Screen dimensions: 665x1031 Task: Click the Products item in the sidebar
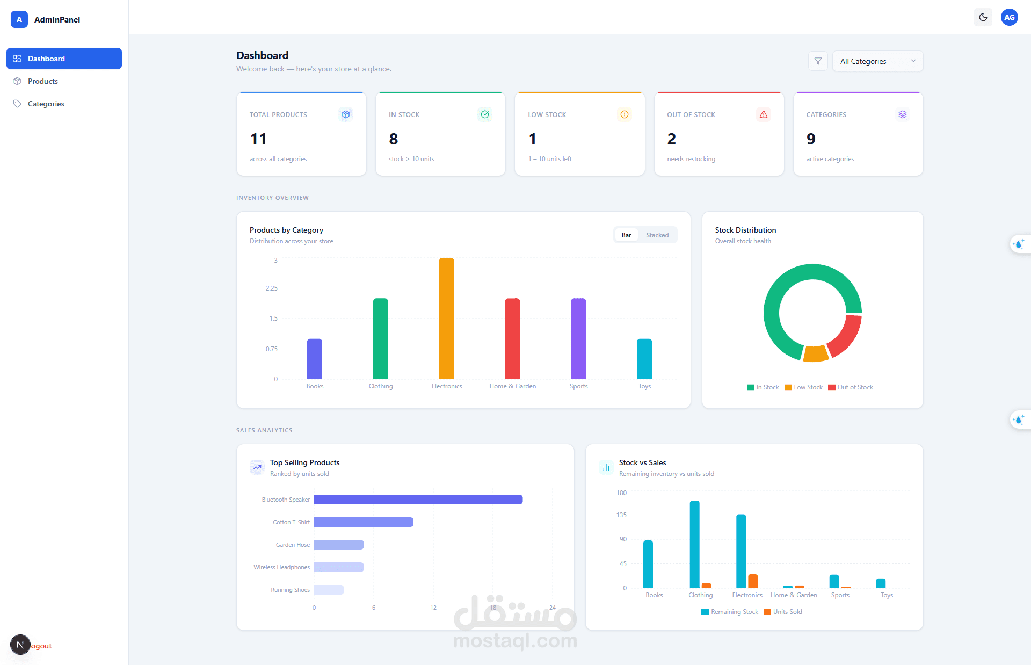(x=42, y=81)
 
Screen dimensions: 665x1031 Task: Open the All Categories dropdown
(x=877, y=61)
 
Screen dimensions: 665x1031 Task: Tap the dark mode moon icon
(x=983, y=17)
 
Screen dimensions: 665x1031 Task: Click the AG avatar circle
(x=1009, y=17)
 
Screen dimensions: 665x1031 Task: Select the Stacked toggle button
(x=657, y=235)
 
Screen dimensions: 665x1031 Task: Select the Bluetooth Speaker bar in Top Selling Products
(x=418, y=500)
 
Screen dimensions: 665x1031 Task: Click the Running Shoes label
(x=290, y=590)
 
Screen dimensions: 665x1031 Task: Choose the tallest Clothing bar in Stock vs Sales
(x=694, y=544)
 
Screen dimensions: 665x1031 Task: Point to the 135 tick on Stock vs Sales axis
(x=621, y=515)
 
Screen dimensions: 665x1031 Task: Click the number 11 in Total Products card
(x=258, y=139)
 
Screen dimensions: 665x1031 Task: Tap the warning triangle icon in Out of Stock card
(x=763, y=114)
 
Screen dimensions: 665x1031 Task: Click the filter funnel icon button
(x=818, y=61)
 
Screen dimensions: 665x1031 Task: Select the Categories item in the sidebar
(x=46, y=104)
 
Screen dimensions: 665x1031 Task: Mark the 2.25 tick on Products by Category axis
(x=272, y=288)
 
